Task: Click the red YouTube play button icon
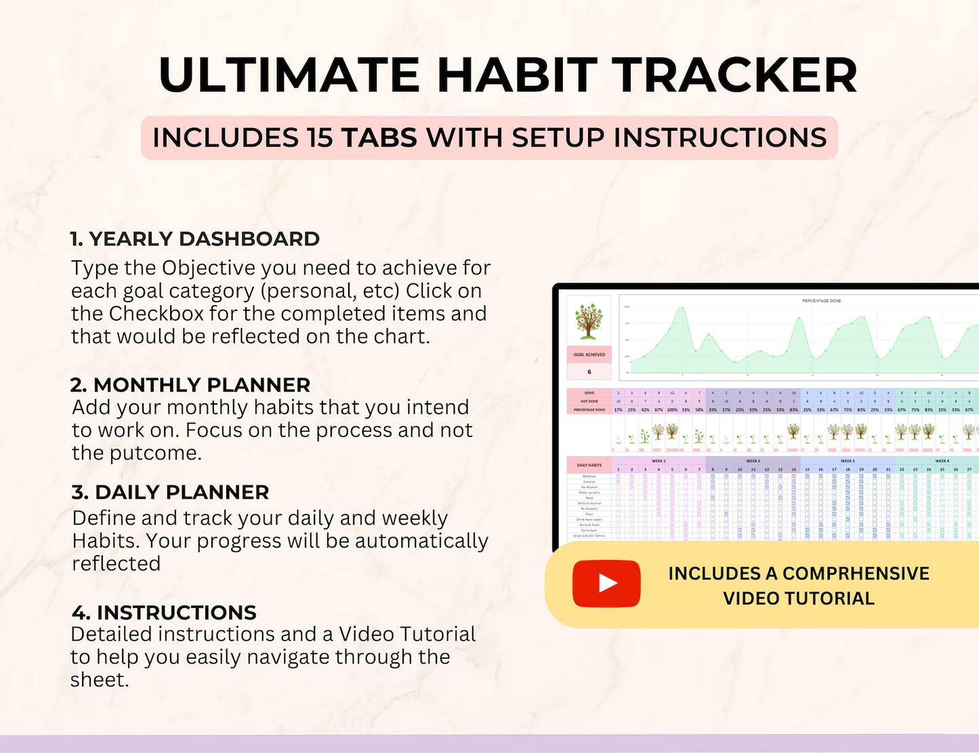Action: coord(606,584)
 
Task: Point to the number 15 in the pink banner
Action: coord(318,138)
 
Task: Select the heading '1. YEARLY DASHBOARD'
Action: coord(195,239)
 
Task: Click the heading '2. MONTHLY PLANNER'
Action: coord(190,385)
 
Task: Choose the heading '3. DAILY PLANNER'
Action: coord(170,493)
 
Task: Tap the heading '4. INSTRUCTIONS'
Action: coord(164,613)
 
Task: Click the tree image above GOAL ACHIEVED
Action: coord(589,321)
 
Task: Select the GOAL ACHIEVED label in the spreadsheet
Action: coord(589,354)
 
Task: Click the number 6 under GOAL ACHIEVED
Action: coord(589,371)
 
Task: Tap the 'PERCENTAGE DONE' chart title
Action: coord(821,300)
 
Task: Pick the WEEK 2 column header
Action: coord(753,461)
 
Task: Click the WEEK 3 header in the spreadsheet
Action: coord(848,461)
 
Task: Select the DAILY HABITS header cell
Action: coord(589,465)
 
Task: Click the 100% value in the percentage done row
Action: coord(672,410)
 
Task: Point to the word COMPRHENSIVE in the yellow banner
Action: coord(856,573)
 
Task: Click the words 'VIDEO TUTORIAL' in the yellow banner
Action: coord(799,598)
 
